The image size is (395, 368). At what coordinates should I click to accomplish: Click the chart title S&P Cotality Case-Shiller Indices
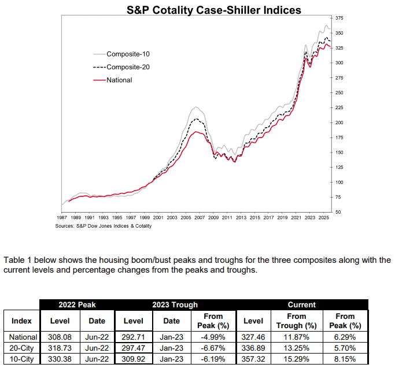214,10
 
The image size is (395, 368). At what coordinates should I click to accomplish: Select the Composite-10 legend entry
128,54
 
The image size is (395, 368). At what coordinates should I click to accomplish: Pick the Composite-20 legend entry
128,67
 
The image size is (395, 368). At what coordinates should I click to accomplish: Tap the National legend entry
119,80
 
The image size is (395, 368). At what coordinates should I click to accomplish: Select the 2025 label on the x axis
324,218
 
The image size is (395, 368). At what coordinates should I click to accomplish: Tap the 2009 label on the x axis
213,218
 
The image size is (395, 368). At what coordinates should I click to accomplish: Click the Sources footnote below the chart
104,226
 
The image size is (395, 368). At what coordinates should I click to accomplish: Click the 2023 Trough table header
175,304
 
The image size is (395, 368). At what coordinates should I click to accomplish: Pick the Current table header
302,304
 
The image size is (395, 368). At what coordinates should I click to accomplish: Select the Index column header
21,321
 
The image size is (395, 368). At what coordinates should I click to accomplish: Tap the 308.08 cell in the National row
60,337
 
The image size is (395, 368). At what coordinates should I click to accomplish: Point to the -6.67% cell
214,348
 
